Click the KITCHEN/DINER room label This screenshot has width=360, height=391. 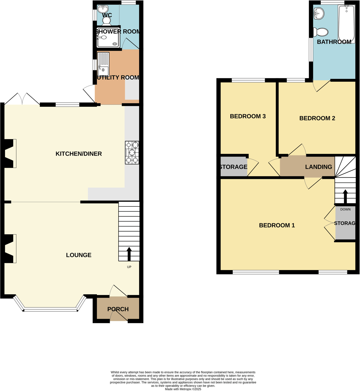(79, 154)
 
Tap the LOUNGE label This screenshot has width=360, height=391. (79, 255)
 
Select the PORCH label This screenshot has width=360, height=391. (118, 309)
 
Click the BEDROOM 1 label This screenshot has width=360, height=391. (277, 225)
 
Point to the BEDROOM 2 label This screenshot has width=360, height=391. (317, 118)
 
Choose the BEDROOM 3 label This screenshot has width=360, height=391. (248, 116)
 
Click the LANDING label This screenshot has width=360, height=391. (318, 167)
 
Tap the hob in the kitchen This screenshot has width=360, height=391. (132, 152)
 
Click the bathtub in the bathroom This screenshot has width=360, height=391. (346, 24)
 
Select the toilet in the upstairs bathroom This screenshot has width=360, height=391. (321, 32)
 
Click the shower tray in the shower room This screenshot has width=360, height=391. (108, 38)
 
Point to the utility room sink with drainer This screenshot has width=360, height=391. (103, 65)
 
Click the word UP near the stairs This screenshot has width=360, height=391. (129, 267)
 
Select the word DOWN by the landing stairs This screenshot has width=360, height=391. (345, 209)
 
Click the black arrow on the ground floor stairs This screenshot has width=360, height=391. (129, 254)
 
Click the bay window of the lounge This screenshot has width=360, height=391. (50, 309)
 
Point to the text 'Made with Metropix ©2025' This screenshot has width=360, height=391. (183, 389)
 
